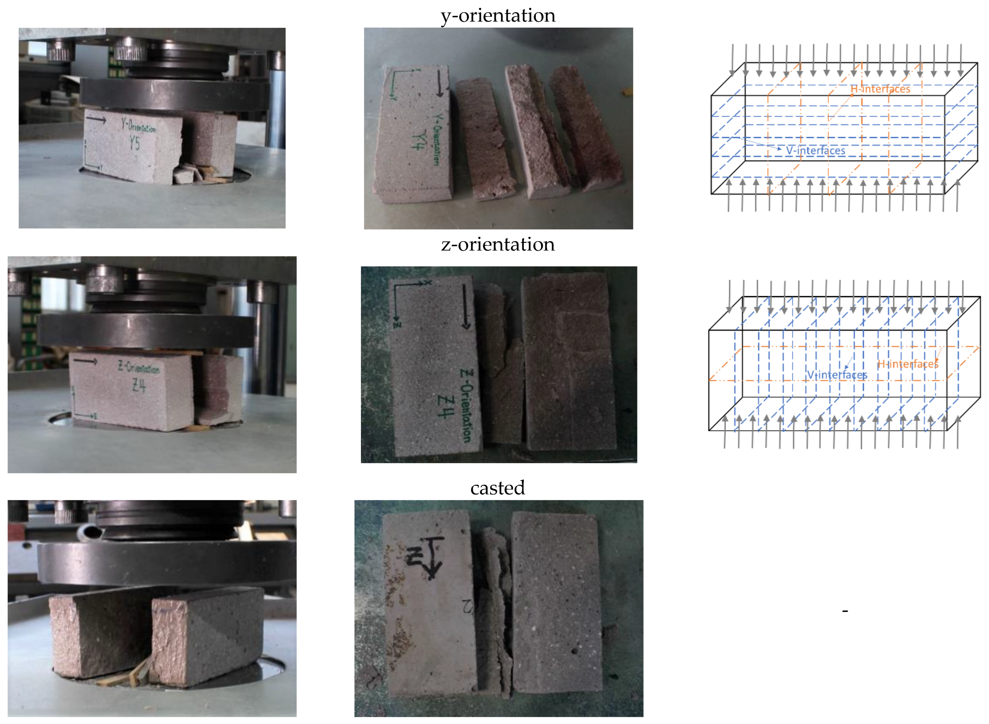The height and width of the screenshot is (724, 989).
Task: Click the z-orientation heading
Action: [498, 244]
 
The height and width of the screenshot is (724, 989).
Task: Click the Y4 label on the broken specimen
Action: [419, 141]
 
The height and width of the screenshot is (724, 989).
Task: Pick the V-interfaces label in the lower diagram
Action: [837, 375]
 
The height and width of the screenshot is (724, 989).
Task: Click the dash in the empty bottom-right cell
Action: [845, 611]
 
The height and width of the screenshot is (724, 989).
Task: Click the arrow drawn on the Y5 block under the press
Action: [96, 119]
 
